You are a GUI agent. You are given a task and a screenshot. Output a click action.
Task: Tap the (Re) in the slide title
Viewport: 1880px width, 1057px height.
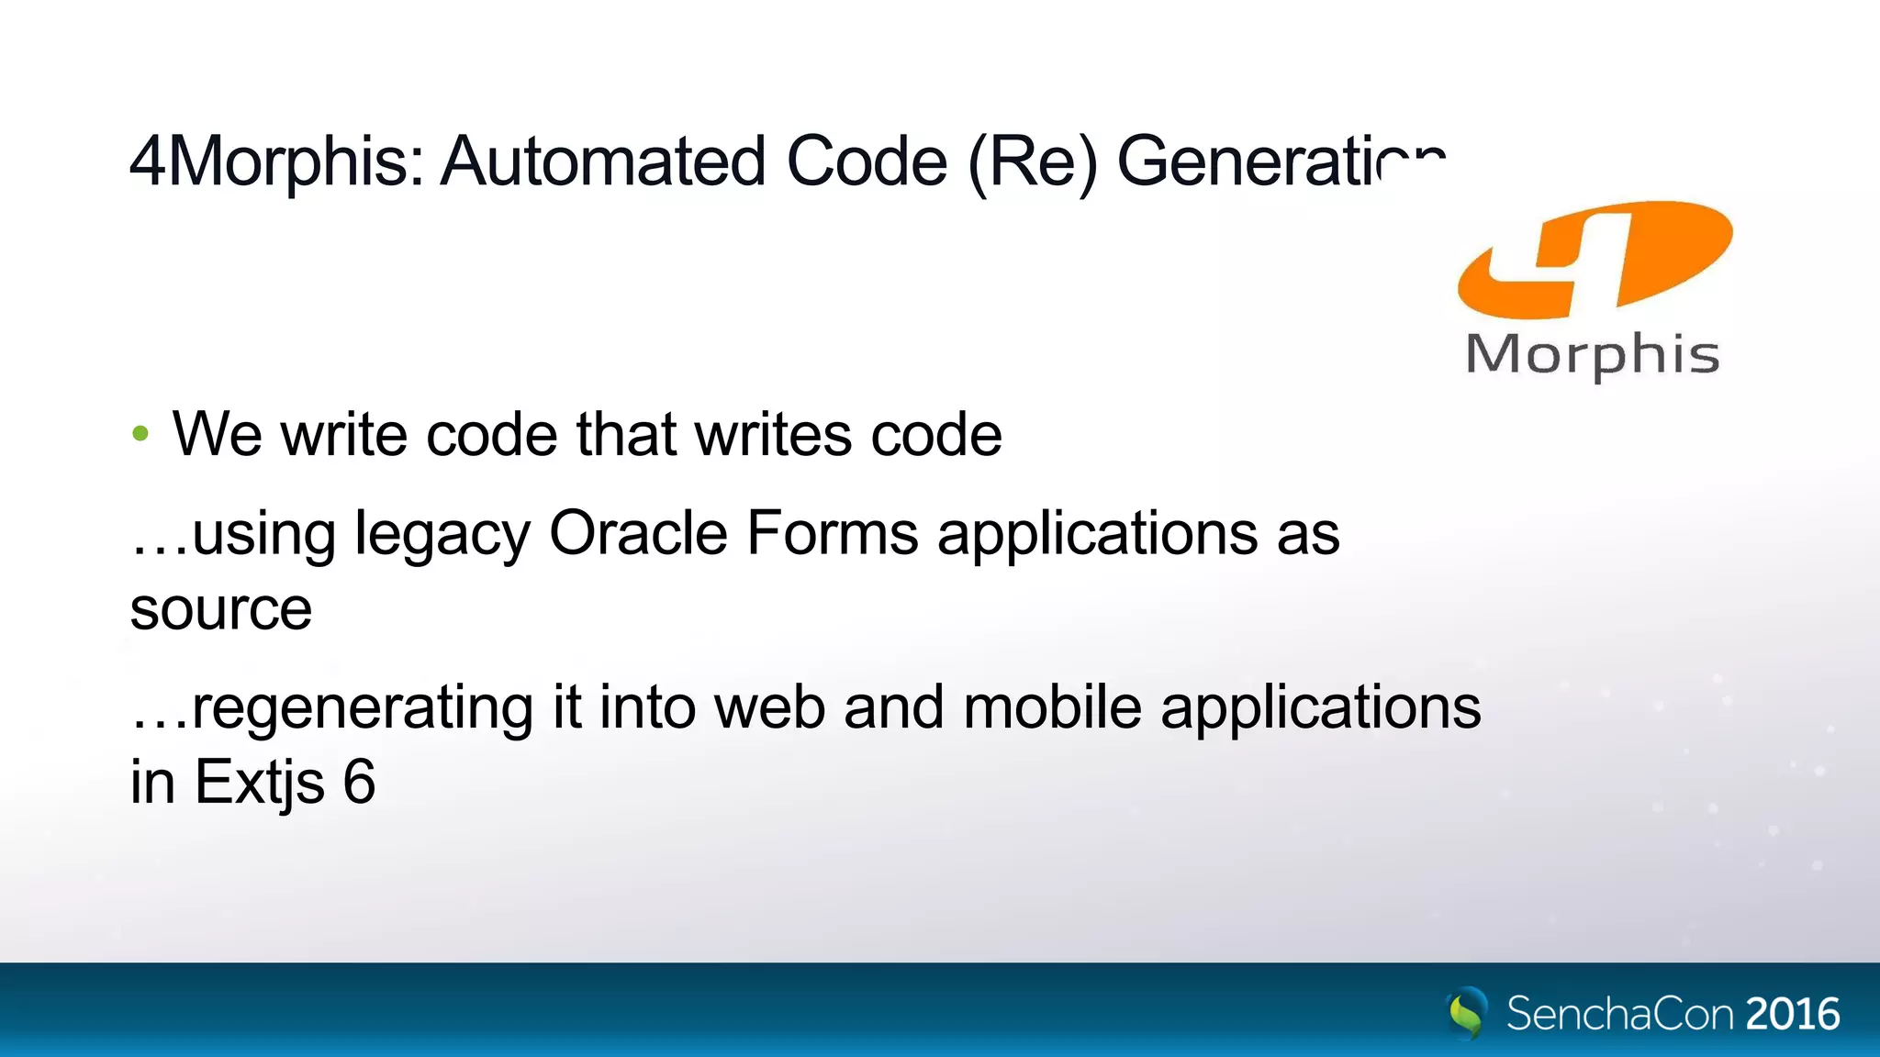click(1033, 162)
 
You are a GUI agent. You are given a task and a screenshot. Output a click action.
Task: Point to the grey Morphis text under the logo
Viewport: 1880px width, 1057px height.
click(1593, 355)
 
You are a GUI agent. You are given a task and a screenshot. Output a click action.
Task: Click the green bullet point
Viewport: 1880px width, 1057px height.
click(140, 434)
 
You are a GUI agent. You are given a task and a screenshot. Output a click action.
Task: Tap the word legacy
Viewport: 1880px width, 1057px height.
click(442, 535)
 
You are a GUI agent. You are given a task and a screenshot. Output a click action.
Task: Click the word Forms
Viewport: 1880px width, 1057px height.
click(832, 533)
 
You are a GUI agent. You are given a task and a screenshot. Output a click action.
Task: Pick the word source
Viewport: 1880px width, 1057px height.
click(221, 610)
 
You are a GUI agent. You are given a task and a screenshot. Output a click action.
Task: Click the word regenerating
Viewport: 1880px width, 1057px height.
click(363, 709)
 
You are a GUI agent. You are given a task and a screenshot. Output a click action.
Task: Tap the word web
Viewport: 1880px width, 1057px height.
click(769, 707)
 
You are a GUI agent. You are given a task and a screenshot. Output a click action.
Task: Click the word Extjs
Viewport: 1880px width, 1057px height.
click(260, 784)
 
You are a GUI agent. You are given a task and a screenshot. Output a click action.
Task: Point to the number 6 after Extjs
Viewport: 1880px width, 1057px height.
click(359, 782)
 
